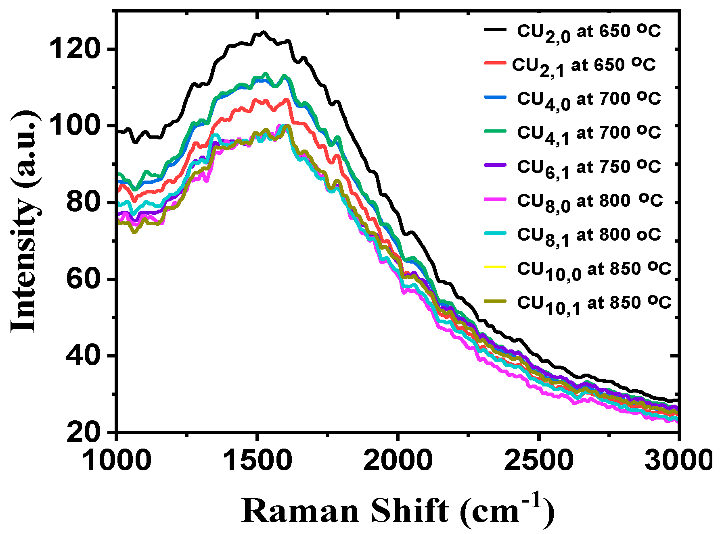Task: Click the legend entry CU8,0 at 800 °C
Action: click(589, 202)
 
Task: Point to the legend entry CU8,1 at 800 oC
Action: click(588, 236)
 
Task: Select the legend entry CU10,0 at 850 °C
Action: click(594, 270)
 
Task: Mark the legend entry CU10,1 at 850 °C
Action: click(594, 304)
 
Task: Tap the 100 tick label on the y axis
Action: click(73, 126)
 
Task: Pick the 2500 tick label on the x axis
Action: click(538, 460)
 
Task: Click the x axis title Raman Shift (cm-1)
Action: click(398, 510)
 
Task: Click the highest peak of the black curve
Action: click(264, 32)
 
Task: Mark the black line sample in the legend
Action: click(495, 29)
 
